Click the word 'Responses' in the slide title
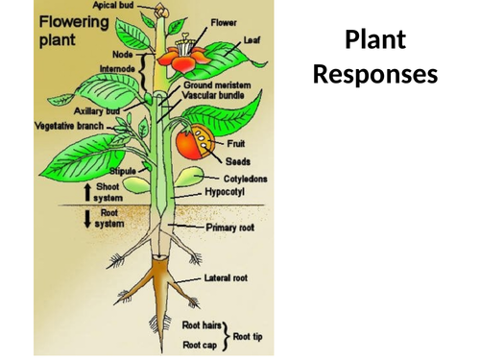[375, 74]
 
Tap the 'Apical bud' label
[113, 6]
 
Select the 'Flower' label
[224, 21]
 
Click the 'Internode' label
[116, 69]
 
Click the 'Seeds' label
[237, 161]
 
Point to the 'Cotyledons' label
[246, 179]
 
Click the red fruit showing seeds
[191, 143]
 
